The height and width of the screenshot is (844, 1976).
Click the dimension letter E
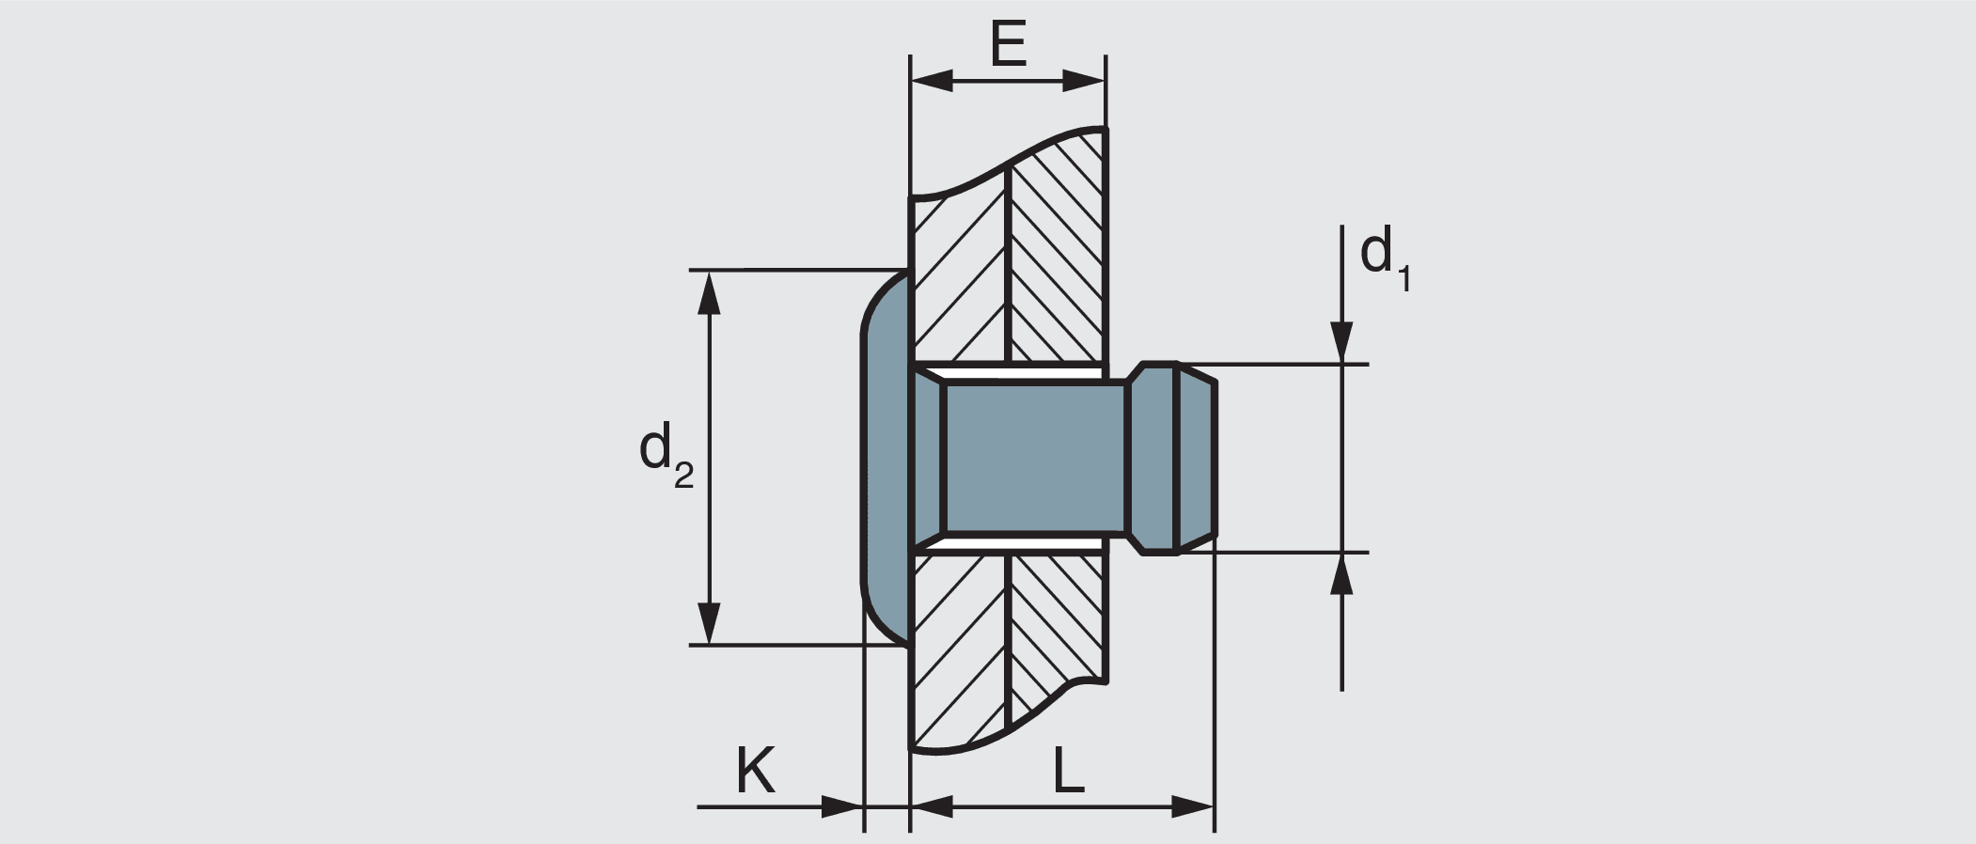(x=1009, y=43)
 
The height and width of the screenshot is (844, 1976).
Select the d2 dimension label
(x=666, y=453)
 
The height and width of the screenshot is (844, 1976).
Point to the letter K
(x=755, y=773)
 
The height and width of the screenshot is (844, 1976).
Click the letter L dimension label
(x=1068, y=773)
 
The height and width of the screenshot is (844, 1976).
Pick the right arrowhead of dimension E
(x=1085, y=81)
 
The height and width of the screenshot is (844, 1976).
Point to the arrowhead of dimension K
(x=842, y=806)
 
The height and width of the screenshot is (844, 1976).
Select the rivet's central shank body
(x=1034, y=458)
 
